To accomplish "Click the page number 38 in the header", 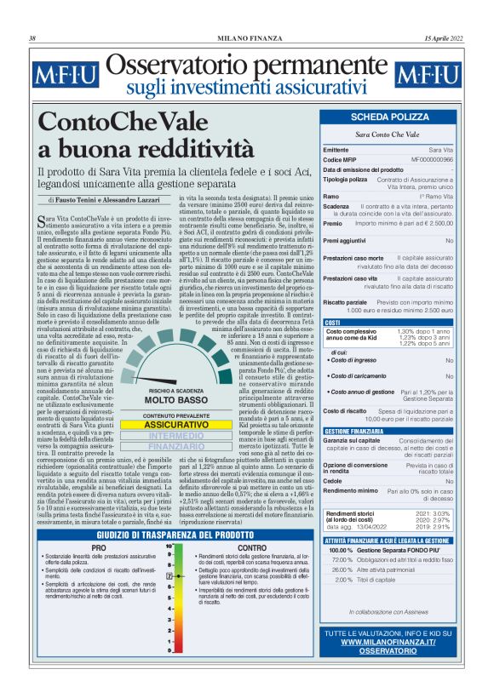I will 32,38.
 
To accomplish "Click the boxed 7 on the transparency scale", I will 169,599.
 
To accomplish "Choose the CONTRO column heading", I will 252,548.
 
